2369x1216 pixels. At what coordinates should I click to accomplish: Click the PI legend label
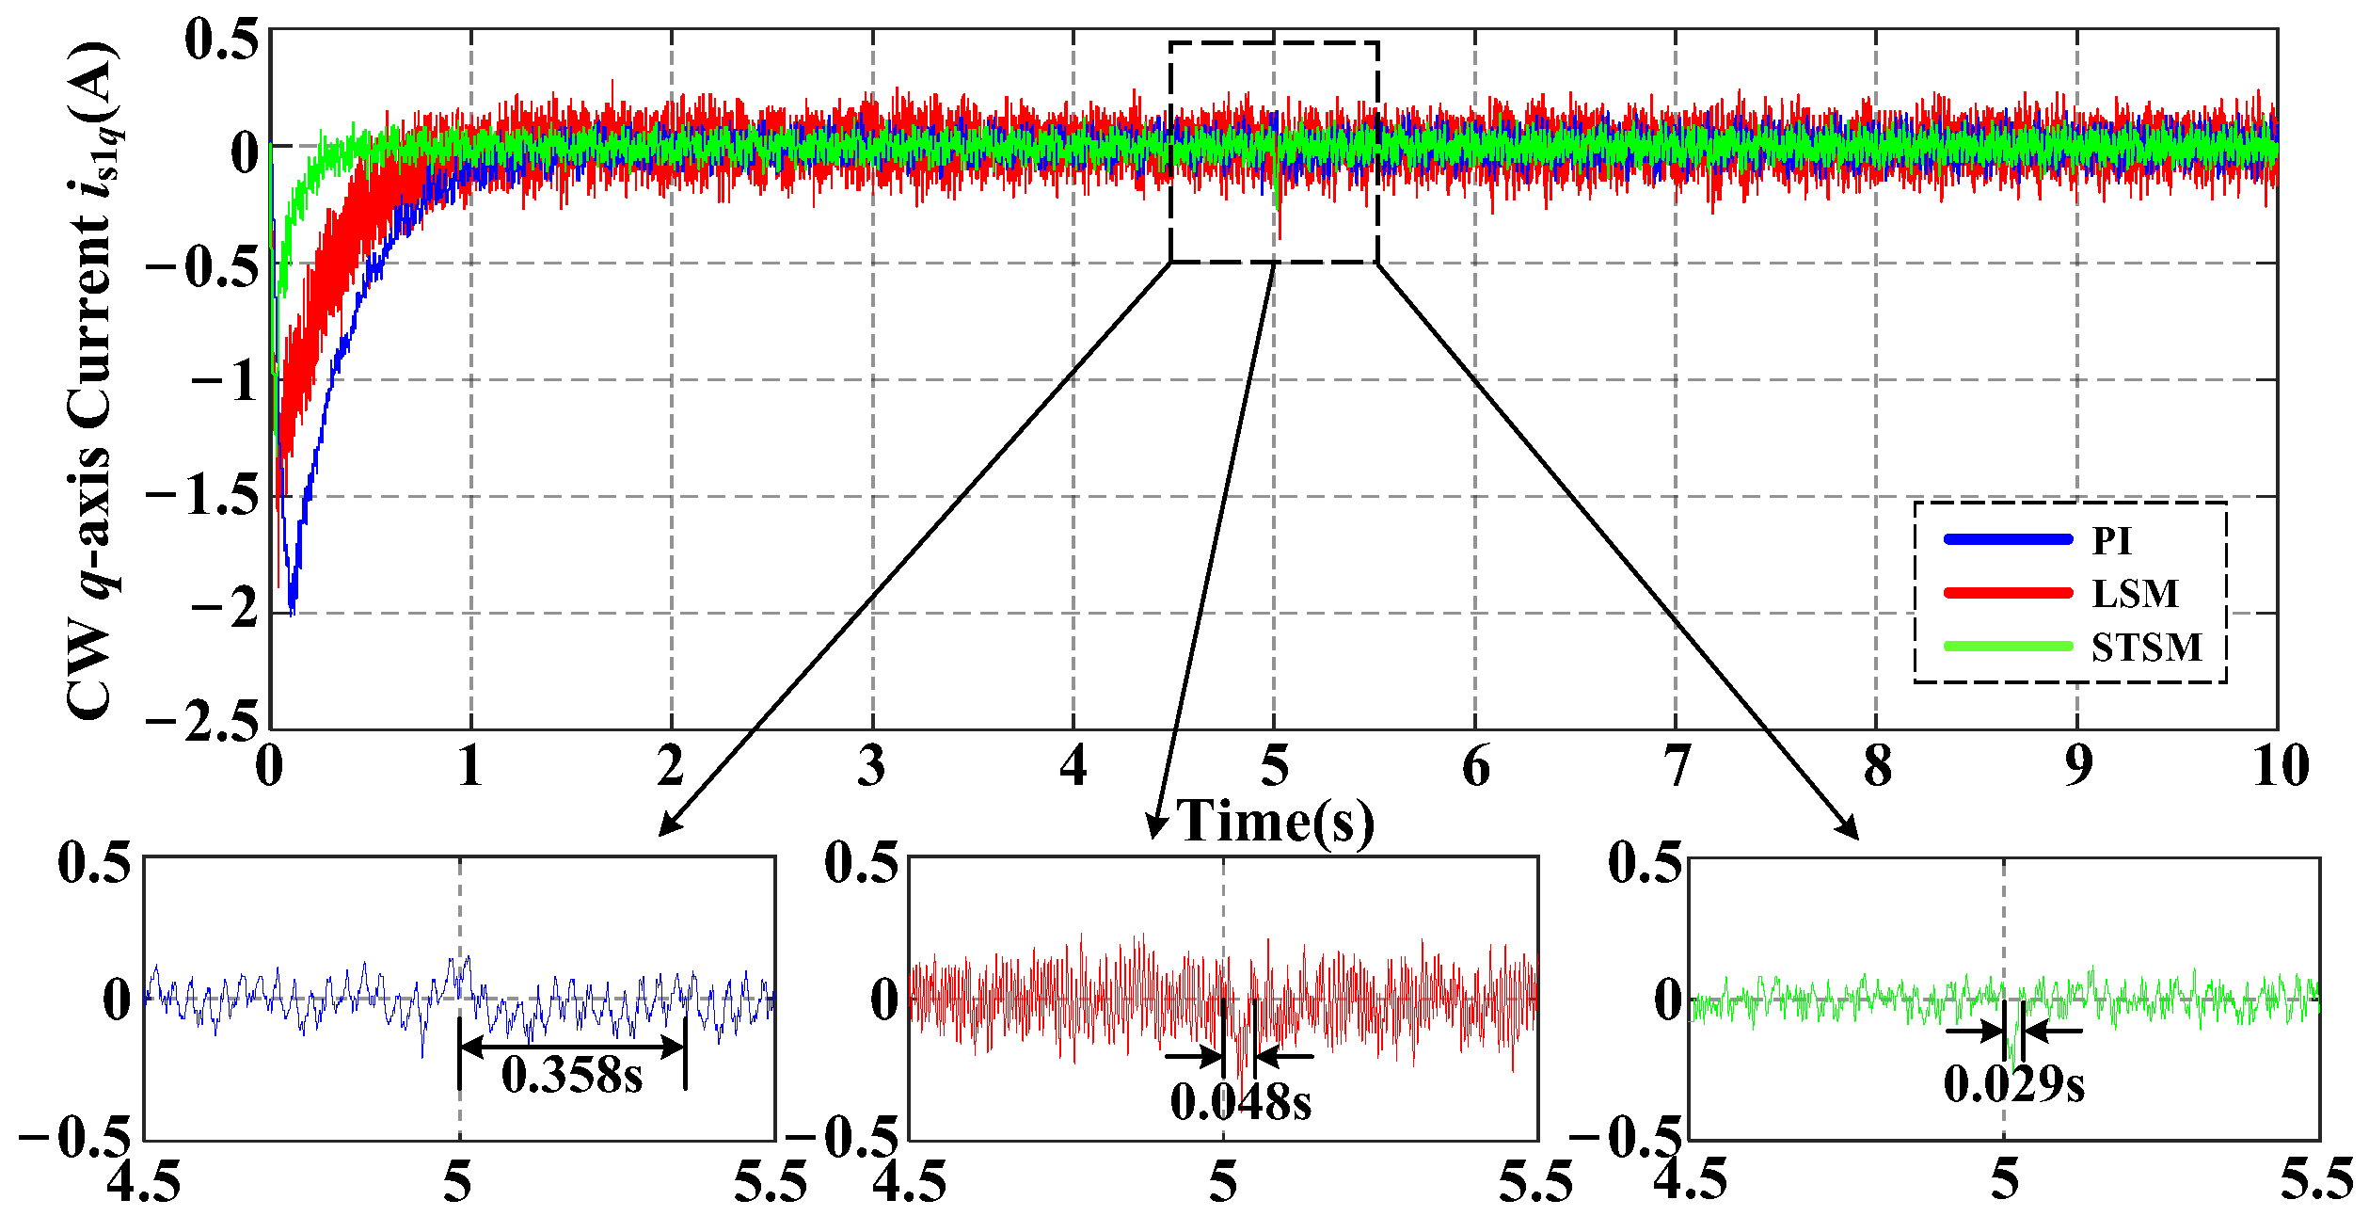(x=2112, y=540)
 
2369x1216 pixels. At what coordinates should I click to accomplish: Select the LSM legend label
(x=2135, y=593)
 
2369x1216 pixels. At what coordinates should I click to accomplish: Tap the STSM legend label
(x=2147, y=647)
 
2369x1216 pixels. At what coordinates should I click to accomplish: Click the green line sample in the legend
(x=2008, y=647)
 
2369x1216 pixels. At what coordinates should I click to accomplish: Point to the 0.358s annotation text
(x=572, y=1075)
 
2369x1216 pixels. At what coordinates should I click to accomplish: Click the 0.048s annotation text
(x=1241, y=1101)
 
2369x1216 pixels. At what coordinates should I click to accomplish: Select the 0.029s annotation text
(x=2014, y=1084)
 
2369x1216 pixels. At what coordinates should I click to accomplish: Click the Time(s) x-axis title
(x=1276, y=821)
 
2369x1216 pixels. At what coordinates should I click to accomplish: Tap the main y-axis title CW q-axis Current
(x=94, y=381)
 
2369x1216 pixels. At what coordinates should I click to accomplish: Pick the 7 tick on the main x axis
(x=1677, y=766)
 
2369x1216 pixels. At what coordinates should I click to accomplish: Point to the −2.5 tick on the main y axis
(x=202, y=723)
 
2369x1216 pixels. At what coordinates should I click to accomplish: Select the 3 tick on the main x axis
(x=872, y=766)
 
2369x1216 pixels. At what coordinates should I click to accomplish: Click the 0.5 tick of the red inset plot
(x=862, y=862)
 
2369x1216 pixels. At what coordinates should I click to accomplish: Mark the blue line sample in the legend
(x=2008, y=539)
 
